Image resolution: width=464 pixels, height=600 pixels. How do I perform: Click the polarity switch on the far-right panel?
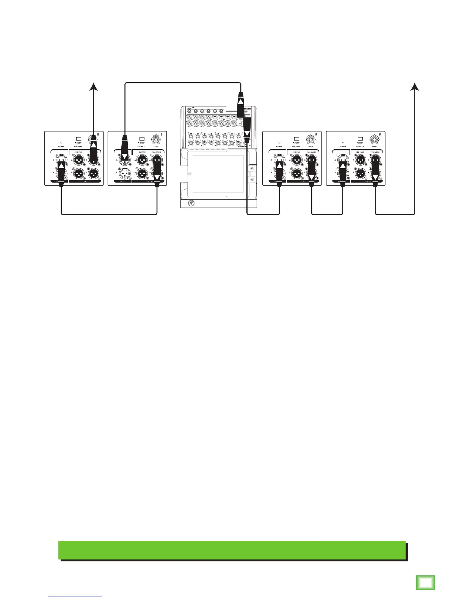pyautogui.click(x=360, y=139)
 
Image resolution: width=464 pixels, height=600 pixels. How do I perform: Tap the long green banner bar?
pyautogui.click(x=232, y=550)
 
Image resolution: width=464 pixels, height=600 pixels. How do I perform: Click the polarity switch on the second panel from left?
pyautogui.click(x=142, y=139)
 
